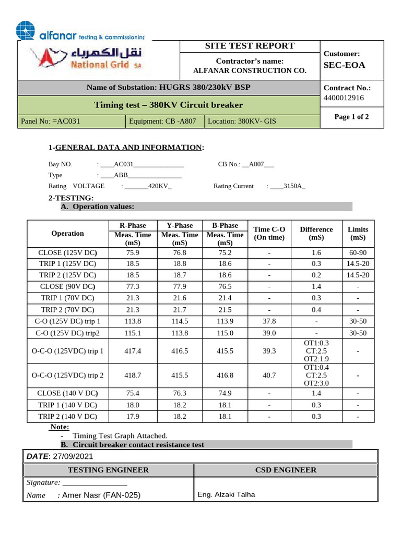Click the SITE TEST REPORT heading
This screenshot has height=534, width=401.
tap(250, 46)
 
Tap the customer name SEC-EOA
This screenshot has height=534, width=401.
tap(345, 65)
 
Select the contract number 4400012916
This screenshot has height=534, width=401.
tap(344, 98)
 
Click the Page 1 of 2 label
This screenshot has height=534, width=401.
tap(351, 117)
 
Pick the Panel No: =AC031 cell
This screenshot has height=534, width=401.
tap(51, 122)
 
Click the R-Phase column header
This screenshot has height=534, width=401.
tap(133, 225)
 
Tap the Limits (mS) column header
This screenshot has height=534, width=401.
tap(358, 233)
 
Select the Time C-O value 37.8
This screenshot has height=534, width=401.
tap(269, 321)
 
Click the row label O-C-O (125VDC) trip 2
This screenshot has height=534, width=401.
tap(68, 375)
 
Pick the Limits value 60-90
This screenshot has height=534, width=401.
tap(358, 252)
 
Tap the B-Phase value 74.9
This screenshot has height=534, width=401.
tap(225, 393)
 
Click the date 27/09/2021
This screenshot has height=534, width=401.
tap(73, 456)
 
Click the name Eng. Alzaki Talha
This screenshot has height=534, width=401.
tap(226, 494)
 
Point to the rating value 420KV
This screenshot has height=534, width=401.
tap(159, 186)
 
